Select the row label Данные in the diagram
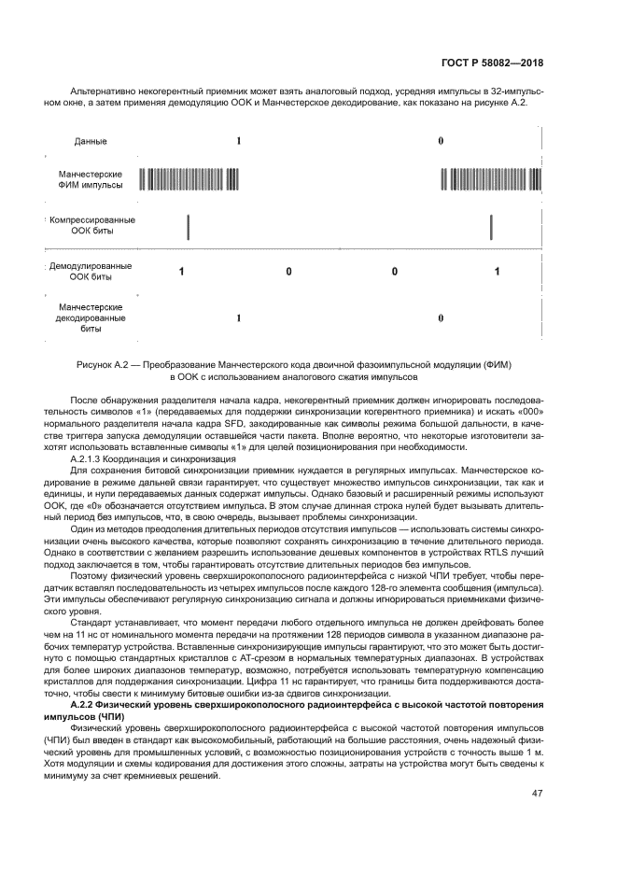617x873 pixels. pyautogui.click(x=91, y=141)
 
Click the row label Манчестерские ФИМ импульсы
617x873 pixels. pyautogui.click(x=91, y=179)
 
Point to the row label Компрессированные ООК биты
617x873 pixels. pyautogui.click(x=91, y=225)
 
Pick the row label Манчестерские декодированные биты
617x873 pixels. pyautogui.click(x=91, y=317)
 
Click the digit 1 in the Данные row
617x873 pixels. pyautogui.click(x=239, y=141)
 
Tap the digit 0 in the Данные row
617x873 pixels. pyautogui.click(x=441, y=141)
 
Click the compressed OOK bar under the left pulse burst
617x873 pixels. pyautogui.click(x=188, y=226)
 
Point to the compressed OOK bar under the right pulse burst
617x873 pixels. pyautogui.click(x=491, y=226)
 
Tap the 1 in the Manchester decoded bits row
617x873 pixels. pyautogui.click(x=239, y=317)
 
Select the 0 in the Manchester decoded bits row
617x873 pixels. pyautogui.click(x=441, y=317)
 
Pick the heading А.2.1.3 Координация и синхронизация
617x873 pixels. pyautogui.click(x=154, y=459)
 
